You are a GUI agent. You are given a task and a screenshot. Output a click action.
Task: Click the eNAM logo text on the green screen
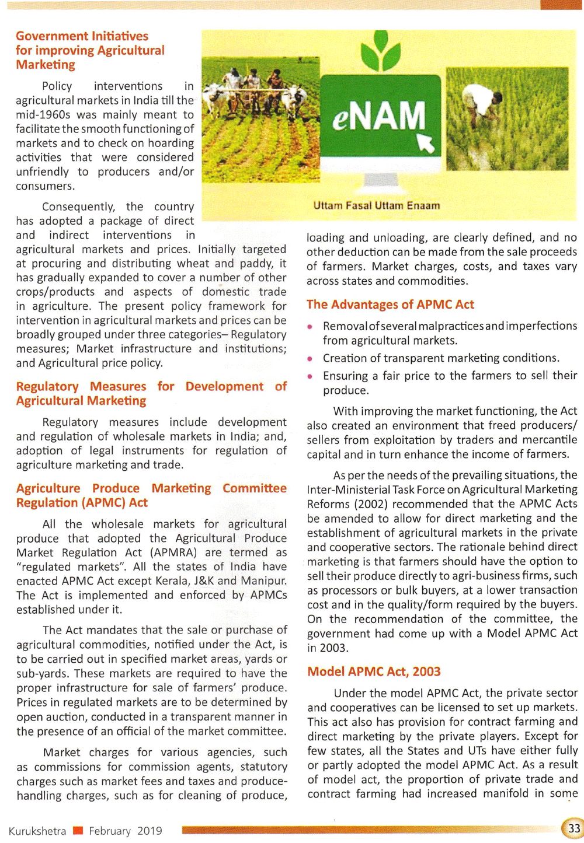point(379,115)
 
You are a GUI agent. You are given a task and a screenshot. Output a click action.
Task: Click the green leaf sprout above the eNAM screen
point(380,51)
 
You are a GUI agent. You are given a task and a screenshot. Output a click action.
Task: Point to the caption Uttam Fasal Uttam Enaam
point(377,205)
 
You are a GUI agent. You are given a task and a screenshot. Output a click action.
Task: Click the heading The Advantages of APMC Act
point(390,305)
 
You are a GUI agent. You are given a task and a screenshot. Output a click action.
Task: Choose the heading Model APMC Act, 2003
point(374,671)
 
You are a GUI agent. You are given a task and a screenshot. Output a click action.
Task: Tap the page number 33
point(574,828)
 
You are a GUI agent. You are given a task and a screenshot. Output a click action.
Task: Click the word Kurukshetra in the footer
point(37,831)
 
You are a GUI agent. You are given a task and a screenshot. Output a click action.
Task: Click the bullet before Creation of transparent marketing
point(311,359)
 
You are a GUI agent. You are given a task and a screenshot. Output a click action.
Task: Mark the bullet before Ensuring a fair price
point(311,376)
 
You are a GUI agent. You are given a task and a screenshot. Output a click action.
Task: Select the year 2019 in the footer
point(150,831)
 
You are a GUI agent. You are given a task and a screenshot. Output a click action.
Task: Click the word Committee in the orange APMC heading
point(255,488)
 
